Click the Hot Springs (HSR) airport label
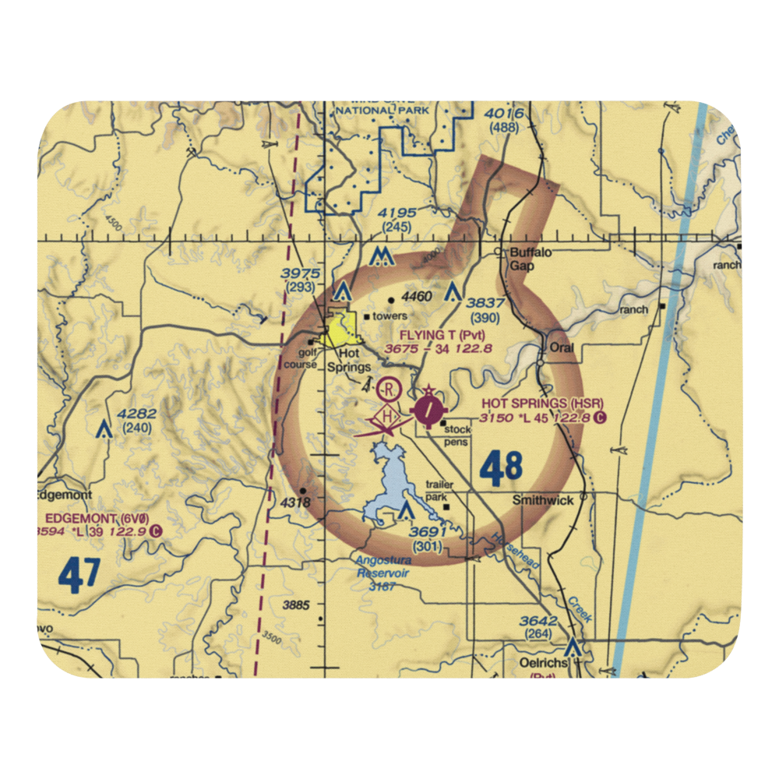pos(542,403)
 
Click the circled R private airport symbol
pos(389,388)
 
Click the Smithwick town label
pos(543,501)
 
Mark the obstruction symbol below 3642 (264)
pos(573,647)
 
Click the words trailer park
pos(439,490)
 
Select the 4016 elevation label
pos(503,115)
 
